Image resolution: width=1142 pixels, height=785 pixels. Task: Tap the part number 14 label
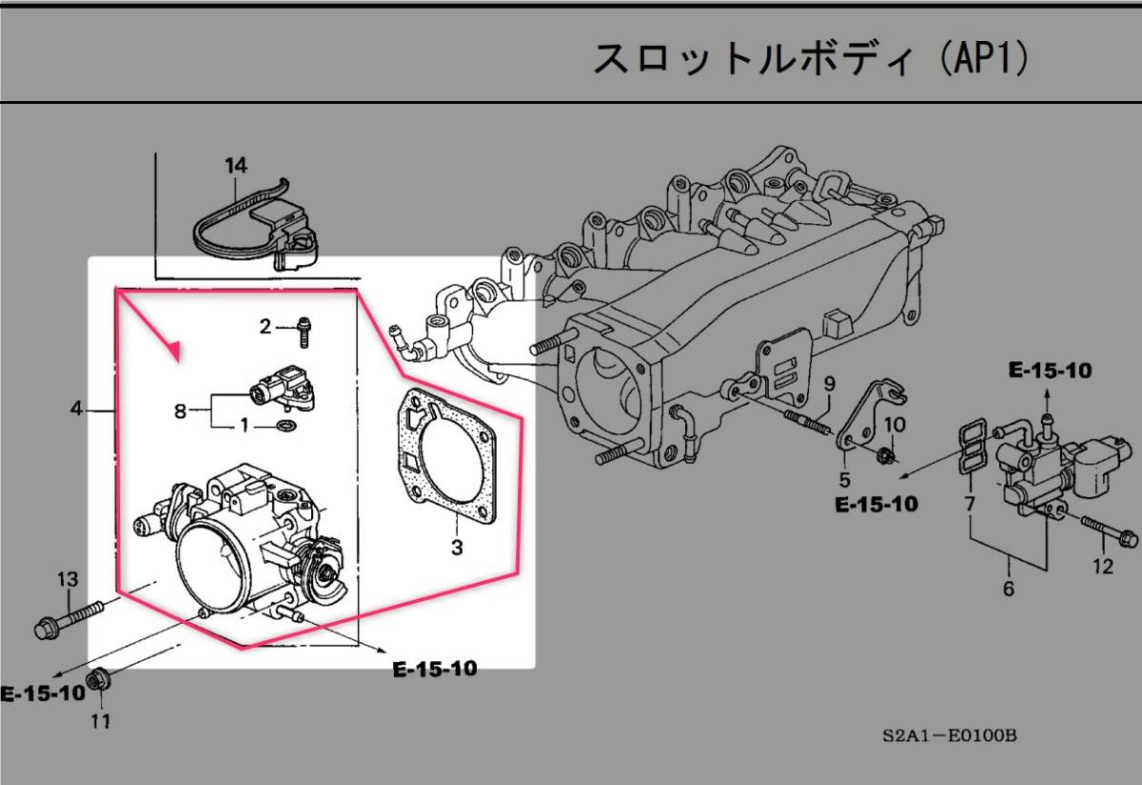[236, 166]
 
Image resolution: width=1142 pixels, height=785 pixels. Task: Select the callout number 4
[76, 410]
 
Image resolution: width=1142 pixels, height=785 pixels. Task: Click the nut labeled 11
[98, 681]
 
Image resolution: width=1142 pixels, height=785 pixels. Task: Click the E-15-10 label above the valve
[1051, 371]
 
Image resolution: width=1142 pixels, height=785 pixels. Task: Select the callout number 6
[1008, 589]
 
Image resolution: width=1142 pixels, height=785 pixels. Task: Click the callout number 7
[970, 503]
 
